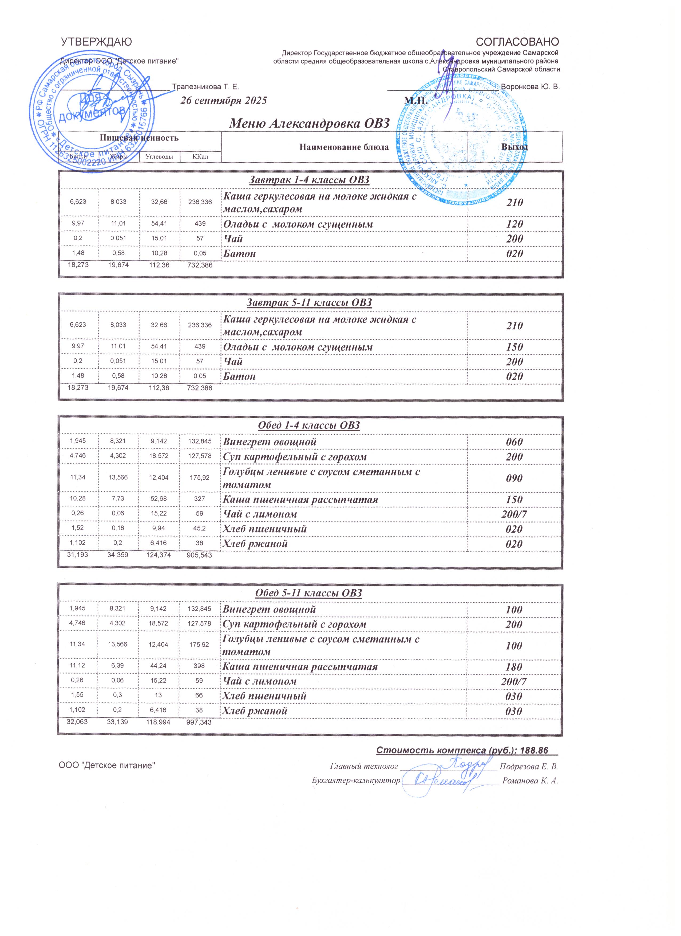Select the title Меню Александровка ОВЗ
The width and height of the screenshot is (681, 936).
pos(309,123)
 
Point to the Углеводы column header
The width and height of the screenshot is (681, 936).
pos(159,157)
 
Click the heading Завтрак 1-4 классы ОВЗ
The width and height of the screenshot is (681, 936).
pos(309,180)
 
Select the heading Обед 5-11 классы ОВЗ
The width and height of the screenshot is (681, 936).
pos(309,593)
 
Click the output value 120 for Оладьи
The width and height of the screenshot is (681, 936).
pos(514,224)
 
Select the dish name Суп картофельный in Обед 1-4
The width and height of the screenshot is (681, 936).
pos(295,457)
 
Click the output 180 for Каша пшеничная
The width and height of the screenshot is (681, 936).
pos(514,667)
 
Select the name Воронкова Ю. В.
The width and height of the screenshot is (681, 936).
pos(530,87)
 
